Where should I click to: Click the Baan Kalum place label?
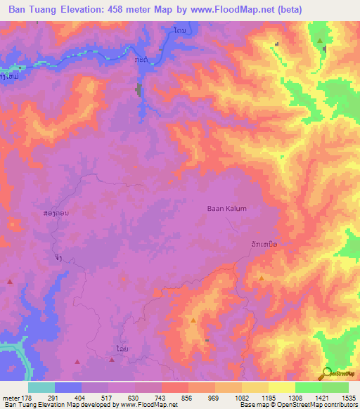[226, 209]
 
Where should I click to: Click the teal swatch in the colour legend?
[41, 387]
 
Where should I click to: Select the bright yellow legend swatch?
[281, 387]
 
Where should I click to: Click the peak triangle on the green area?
[321, 41]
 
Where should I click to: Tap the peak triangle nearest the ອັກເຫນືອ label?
[262, 278]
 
